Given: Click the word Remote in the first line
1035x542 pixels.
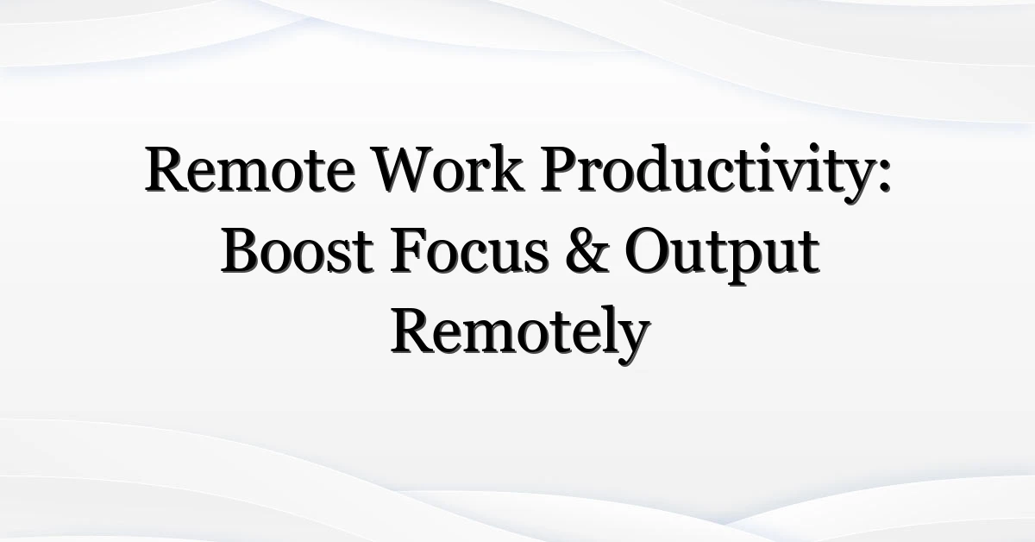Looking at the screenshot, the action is pyautogui.click(x=250, y=169).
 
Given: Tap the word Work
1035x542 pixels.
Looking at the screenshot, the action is pyautogui.click(x=448, y=169).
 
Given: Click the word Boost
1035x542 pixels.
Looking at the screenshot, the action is pyautogui.click(x=297, y=250).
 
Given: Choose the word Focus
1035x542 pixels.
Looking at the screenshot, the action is pyautogui.click(x=469, y=250).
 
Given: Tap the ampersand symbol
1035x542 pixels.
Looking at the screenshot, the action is pyautogui.click(x=586, y=250).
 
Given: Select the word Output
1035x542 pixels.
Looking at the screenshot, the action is pyautogui.click(x=722, y=255).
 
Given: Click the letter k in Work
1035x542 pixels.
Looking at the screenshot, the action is pyautogui.click(x=507, y=167).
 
